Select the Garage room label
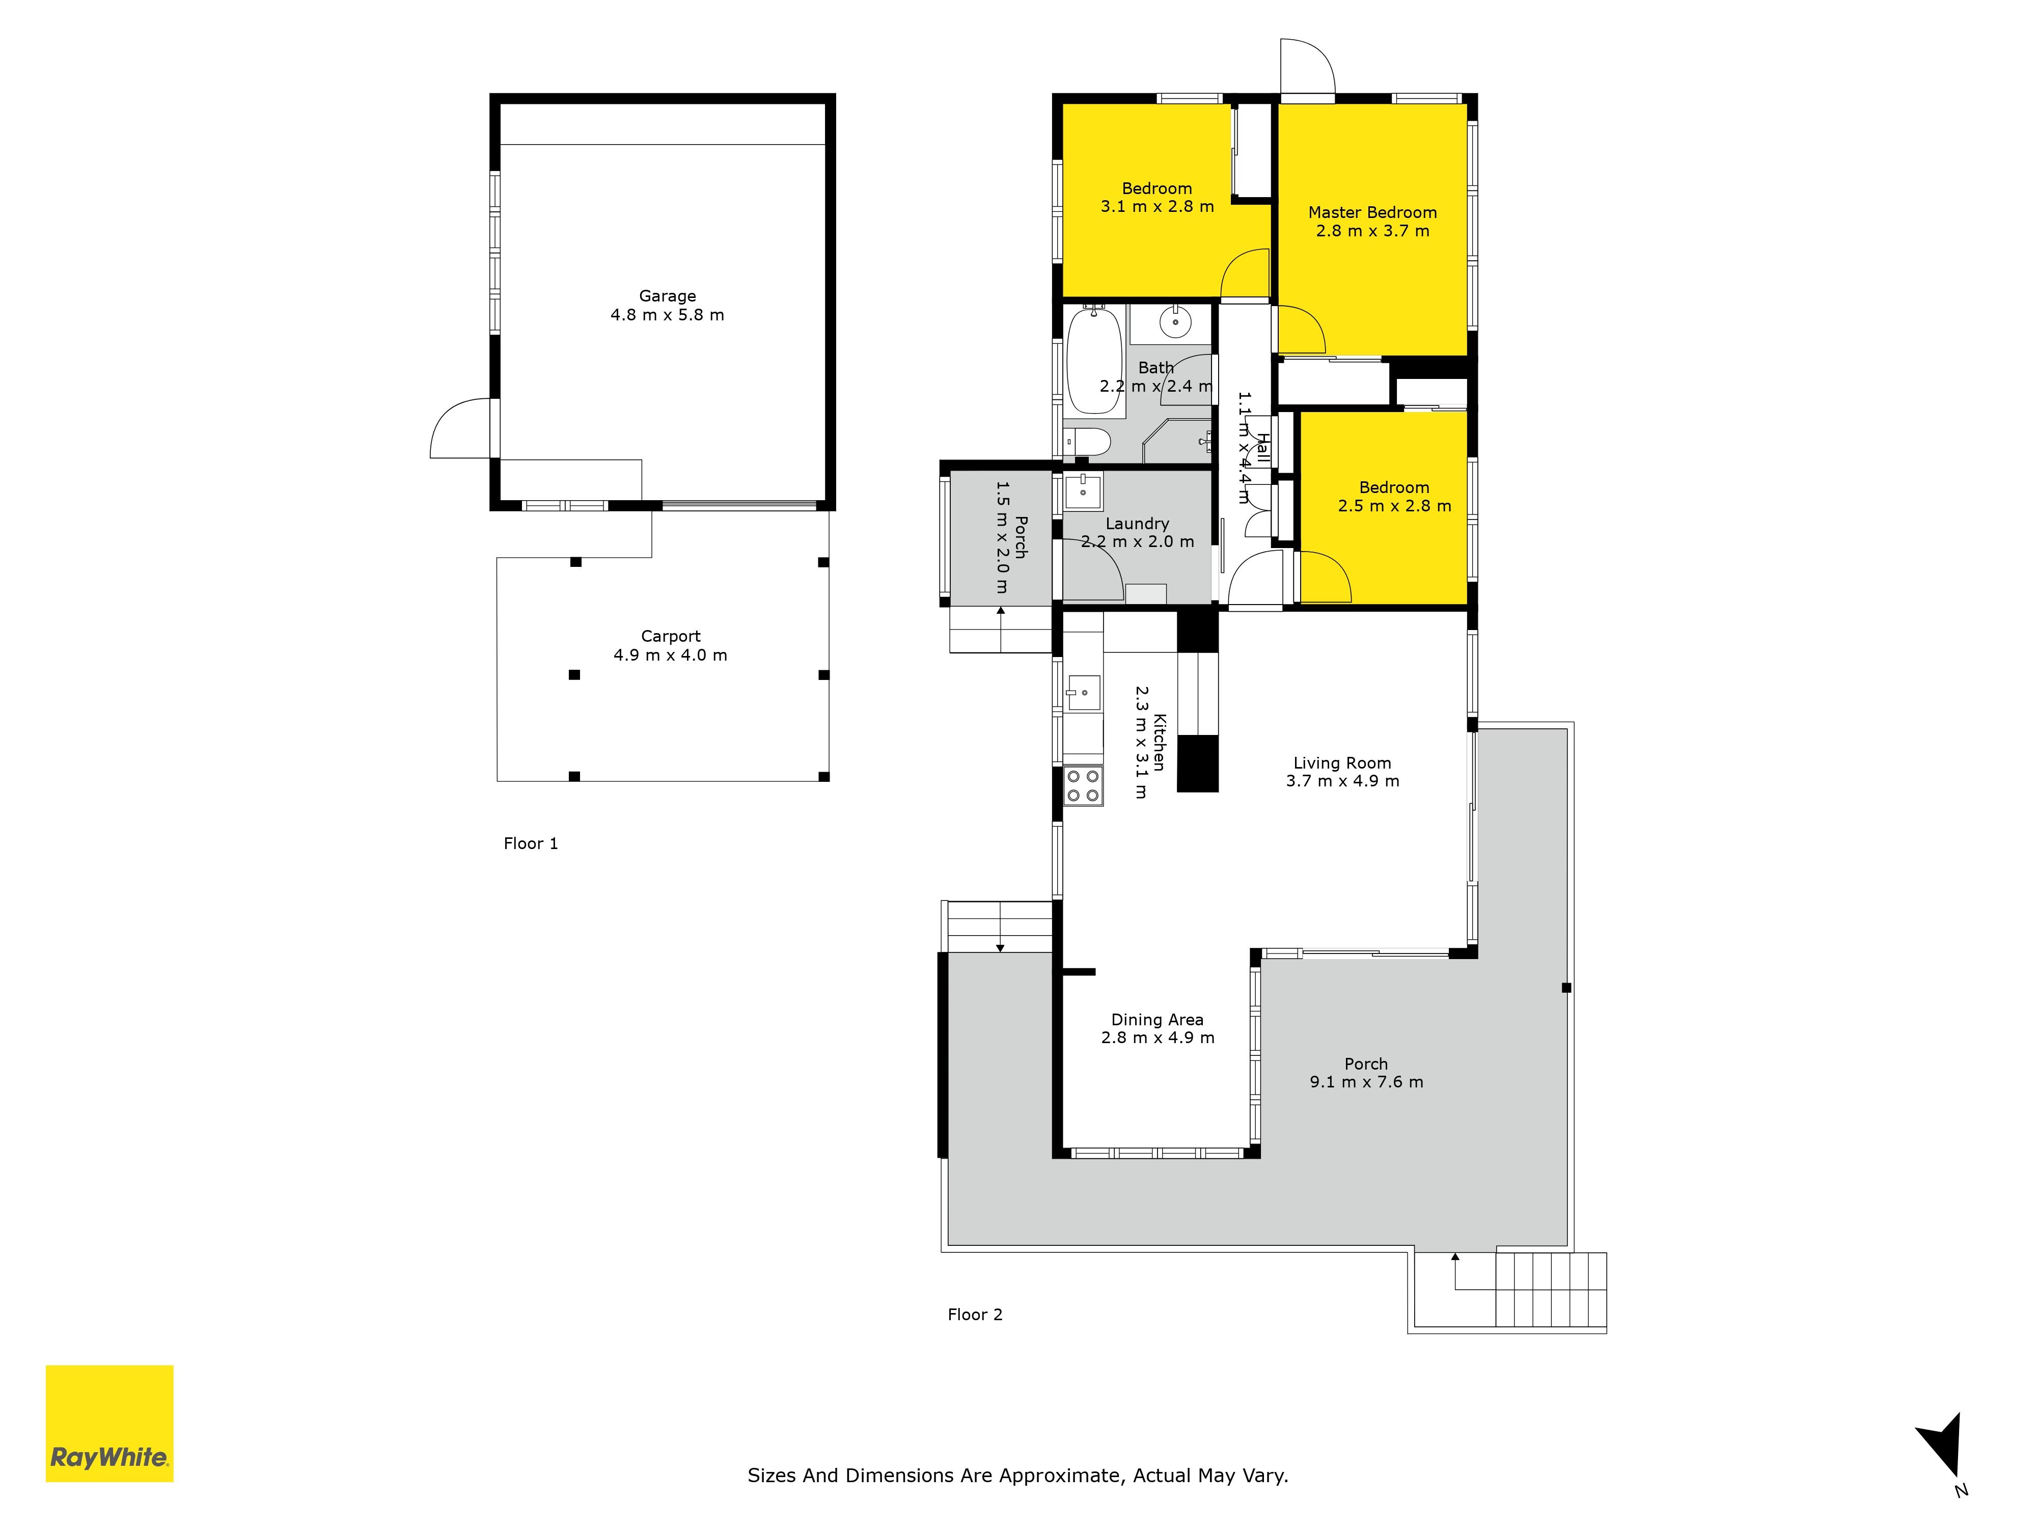(668, 295)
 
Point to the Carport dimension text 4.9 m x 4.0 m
(670, 655)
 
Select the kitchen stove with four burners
(1083, 785)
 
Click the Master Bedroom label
(1372, 212)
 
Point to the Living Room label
(1342, 762)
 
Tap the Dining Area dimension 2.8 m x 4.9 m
(1158, 1037)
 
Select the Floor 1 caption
(531, 843)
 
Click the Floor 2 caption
(975, 1314)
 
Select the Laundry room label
(1137, 523)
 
